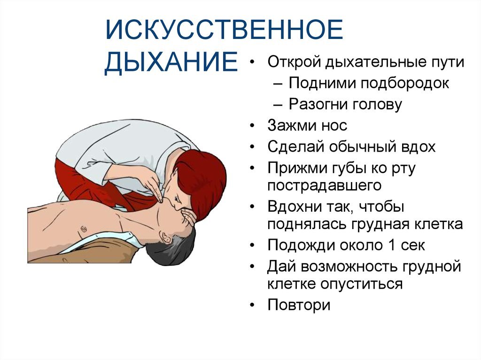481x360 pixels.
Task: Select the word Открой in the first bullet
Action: [x=294, y=62]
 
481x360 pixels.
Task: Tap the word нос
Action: [x=334, y=125]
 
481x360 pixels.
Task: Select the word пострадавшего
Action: [x=324, y=185]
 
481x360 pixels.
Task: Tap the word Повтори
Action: [x=299, y=305]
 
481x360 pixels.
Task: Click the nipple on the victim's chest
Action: [x=83, y=228]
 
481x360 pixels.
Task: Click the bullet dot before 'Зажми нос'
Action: [x=253, y=126]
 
